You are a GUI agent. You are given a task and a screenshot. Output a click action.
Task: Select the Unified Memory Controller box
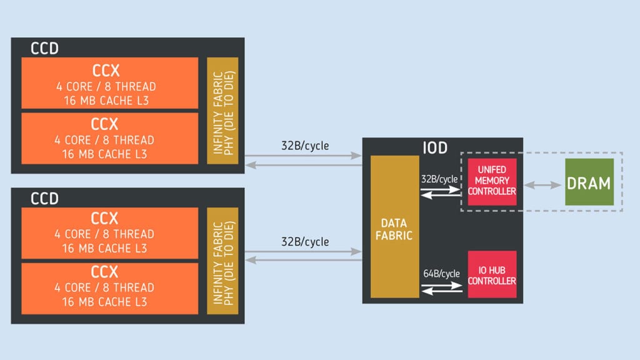[x=492, y=181]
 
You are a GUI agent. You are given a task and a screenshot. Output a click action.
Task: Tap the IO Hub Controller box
[x=492, y=274]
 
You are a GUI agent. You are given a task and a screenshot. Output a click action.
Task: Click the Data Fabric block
[x=394, y=227]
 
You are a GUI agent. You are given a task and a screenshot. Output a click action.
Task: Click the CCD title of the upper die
[x=44, y=48]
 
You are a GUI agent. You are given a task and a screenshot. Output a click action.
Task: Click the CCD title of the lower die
[x=44, y=199]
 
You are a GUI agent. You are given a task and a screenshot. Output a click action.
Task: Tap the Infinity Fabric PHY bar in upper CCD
[x=222, y=111]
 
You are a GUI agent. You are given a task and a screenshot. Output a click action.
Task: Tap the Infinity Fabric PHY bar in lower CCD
[x=222, y=261]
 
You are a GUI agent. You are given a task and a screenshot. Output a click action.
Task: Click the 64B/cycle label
[x=442, y=274]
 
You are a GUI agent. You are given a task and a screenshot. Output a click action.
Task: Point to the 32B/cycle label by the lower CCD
[x=305, y=242]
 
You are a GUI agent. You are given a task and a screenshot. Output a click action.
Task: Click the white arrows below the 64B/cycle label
[x=442, y=289]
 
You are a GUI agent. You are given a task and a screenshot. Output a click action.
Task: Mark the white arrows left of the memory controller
[x=442, y=194]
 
